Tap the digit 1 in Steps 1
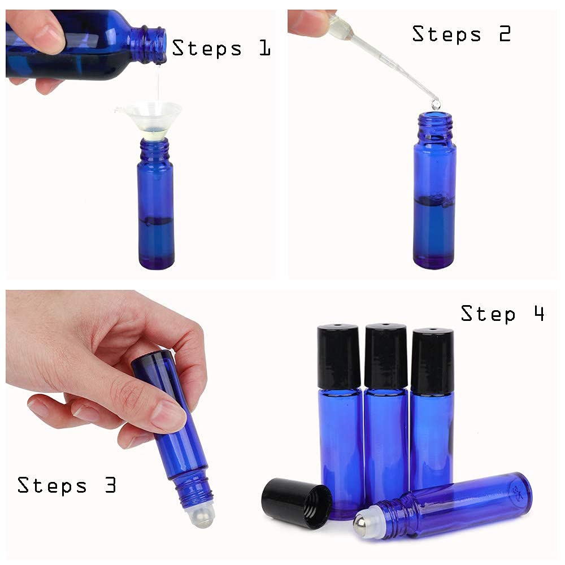265,48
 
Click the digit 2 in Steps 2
505,34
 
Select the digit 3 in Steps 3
111,485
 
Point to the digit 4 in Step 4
539,313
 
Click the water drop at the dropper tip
436,104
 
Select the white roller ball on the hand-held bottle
201,515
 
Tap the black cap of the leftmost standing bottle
338,356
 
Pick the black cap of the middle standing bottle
385,355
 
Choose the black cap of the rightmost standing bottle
432,361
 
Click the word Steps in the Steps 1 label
207,49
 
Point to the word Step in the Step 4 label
488,314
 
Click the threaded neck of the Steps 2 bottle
435,127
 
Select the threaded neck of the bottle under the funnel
154,151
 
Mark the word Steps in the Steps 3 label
52,486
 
